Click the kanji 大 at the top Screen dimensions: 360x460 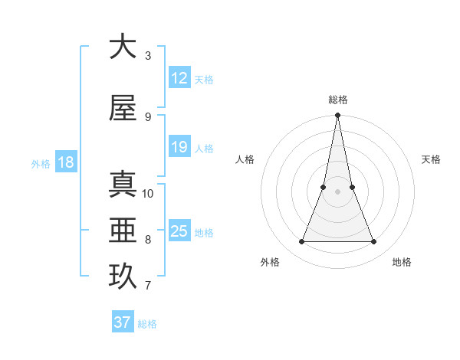pyautogui.click(x=123, y=47)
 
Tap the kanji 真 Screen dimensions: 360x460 pyautogui.click(x=123, y=185)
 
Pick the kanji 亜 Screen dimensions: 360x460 pyautogui.click(x=123, y=231)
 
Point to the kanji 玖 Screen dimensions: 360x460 pyautogui.click(x=123, y=277)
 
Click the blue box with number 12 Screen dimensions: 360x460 pyautogui.click(x=179, y=78)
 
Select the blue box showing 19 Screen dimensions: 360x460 pyautogui.click(x=179, y=147)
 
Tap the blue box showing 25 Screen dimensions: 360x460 pyautogui.click(x=179, y=231)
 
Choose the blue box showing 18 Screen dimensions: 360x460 pyautogui.click(x=65, y=162)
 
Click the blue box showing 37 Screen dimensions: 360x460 pyautogui.click(x=123, y=322)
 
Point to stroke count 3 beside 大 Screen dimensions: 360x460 pyautogui.click(x=148, y=56)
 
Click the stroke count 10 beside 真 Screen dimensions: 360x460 pyautogui.click(x=148, y=193)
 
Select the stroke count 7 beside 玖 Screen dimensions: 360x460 pyautogui.click(x=148, y=286)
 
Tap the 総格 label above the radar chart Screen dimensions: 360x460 pyautogui.click(x=337, y=100)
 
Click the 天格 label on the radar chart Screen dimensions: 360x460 pyautogui.click(x=431, y=159)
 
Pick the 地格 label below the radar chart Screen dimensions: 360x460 pyautogui.click(x=402, y=262)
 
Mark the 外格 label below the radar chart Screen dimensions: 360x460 pyautogui.click(x=270, y=262)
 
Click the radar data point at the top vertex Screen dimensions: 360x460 pyautogui.click(x=337, y=116)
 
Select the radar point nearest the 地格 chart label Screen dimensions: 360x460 pyautogui.click(x=374, y=242)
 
